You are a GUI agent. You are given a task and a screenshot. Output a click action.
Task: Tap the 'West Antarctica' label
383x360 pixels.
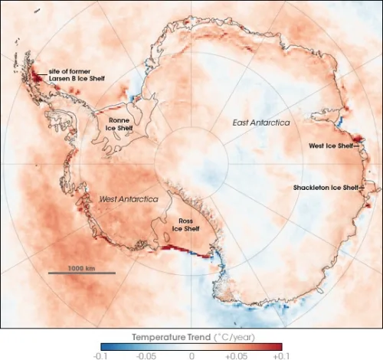tap(129, 199)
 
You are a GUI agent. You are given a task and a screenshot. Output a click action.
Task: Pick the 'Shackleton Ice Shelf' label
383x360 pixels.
tap(325, 187)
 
